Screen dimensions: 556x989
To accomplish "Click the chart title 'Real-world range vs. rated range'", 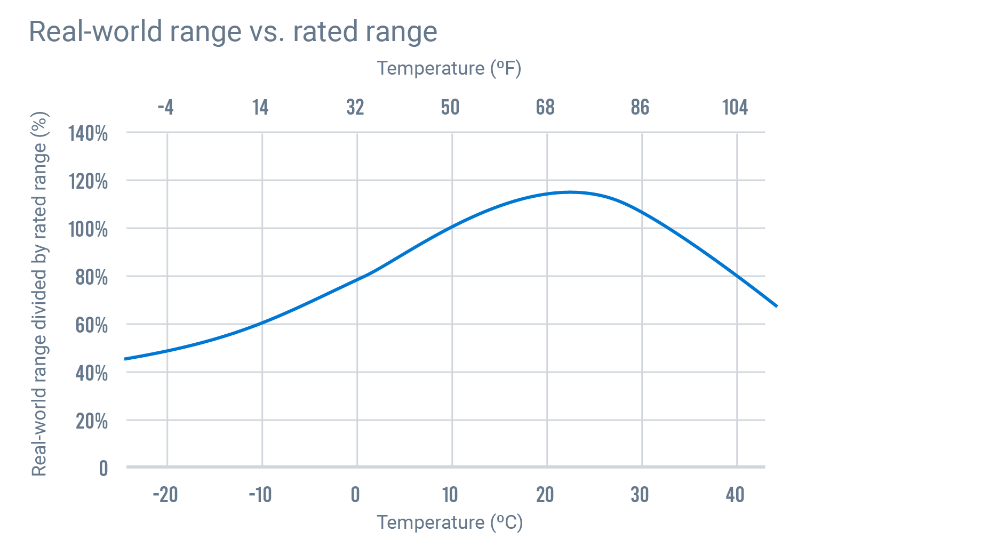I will tap(233, 31).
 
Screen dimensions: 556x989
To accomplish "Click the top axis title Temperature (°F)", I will tap(449, 69).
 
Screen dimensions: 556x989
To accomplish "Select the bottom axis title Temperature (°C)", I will tap(449, 522).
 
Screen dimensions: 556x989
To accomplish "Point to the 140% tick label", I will tap(88, 133).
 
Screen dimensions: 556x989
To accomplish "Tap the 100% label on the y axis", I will tap(88, 229).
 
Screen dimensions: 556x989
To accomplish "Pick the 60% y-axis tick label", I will tap(91, 325).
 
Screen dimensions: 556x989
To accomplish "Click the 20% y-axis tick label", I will tap(91, 421).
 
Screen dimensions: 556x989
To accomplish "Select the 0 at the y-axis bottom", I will tap(103, 469).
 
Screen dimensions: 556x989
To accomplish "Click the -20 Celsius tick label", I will tap(165, 495).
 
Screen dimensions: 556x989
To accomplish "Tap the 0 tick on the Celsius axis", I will tap(355, 495).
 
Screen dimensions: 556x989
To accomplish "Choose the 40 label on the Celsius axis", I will tap(735, 495).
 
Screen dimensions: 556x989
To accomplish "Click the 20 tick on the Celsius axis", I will tap(545, 495).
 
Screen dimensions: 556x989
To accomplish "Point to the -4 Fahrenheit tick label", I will tap(165, 108).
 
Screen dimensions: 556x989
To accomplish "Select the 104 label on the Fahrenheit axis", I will tap(735, 108).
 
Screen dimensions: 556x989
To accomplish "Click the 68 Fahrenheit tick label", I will tap(545, 108).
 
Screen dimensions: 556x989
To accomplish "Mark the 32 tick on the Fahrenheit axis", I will tap(355, 108).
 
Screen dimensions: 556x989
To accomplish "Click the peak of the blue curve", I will tap(570, 192).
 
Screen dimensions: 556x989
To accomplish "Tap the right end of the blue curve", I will tap(776, 306).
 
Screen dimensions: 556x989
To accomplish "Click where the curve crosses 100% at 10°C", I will tap(452, 227).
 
